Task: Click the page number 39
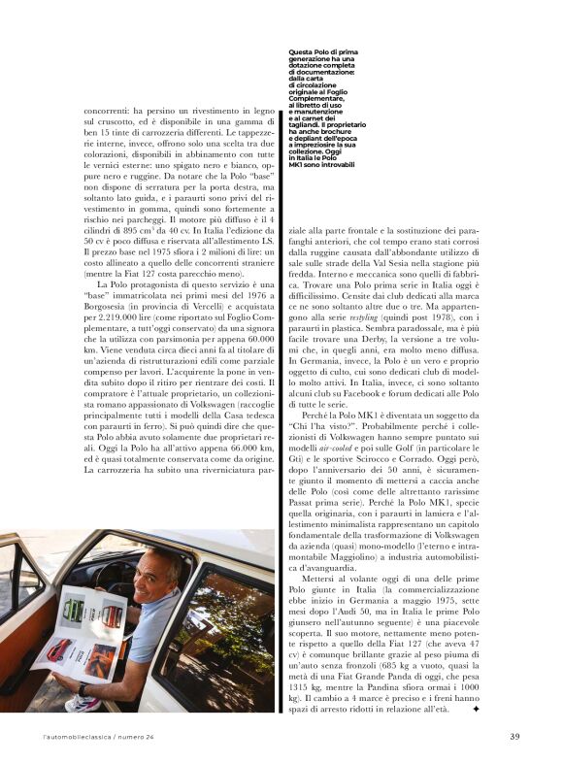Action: click(514, 736)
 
